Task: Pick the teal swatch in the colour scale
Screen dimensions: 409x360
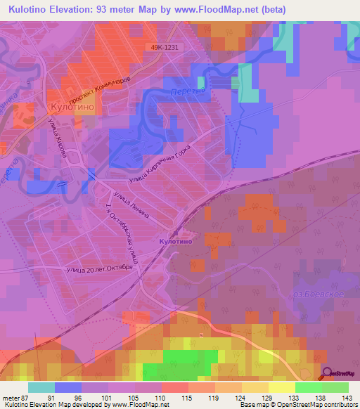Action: click(41, 387)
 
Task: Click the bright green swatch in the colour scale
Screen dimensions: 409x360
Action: click(308, 387)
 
